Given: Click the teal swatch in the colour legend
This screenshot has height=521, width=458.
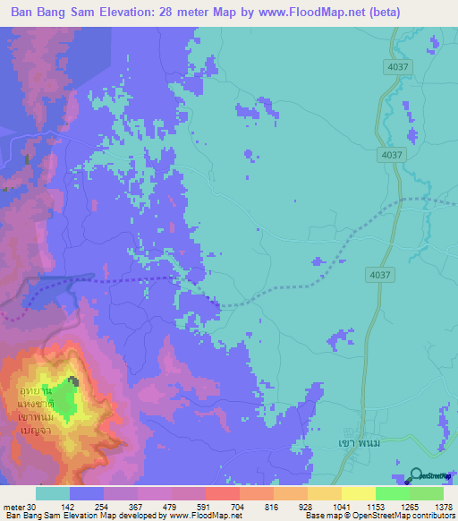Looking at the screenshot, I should pyautogui.click(x=53, y=493).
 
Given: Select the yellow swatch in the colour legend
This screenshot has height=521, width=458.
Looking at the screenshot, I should pyautogui.click(x=358, y=493).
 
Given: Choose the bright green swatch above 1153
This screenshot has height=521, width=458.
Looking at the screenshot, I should pyautogui.click(x=392, y=493).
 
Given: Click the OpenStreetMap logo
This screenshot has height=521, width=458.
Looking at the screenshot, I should pyautogui.click(x=430, y=475).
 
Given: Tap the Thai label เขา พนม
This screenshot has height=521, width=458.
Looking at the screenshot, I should pyautogui.click(x=342, y=442).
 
